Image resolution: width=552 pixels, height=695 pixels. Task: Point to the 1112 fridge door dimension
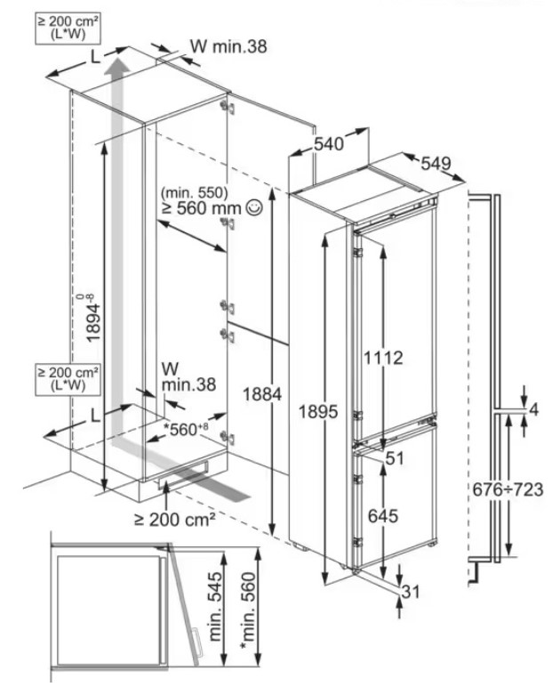pyautogui.click(x=383, y=358)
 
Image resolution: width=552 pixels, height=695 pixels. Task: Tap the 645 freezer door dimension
pyautogui.click(x=383, y=515)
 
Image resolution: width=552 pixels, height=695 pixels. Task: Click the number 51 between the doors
pyautogui.click(x=396, y=457)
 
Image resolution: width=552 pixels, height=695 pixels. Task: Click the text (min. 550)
pyautogui.click(x=195, y=192)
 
